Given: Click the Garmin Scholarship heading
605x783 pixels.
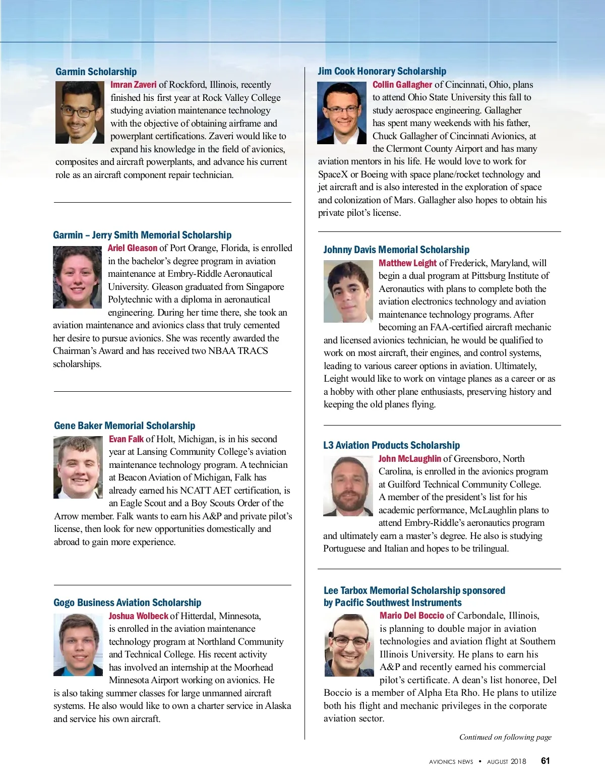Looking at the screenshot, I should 96,72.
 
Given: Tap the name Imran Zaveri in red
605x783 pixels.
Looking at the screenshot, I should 133,85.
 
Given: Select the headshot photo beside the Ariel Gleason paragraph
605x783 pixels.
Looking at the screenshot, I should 77,277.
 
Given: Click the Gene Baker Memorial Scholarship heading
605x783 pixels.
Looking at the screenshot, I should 125,426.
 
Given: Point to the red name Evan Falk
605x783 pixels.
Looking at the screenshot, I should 126,439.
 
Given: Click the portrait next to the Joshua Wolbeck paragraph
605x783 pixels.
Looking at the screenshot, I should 78,645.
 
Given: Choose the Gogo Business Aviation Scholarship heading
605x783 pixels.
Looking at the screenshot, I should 127,603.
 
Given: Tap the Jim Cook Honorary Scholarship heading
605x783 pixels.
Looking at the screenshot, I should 382,71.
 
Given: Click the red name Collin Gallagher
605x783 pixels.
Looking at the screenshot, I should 402,85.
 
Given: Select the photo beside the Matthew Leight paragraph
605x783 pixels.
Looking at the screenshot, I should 348,291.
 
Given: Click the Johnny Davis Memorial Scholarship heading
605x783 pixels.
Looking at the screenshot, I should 396,250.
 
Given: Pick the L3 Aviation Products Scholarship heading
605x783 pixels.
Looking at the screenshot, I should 391,445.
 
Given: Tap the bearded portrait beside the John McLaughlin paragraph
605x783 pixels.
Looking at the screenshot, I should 348,486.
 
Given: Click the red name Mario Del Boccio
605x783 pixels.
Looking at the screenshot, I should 411,616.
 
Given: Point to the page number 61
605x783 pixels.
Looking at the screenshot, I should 545,761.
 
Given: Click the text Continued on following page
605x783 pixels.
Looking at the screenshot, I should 505,737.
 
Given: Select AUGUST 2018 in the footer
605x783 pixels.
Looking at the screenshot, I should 506,761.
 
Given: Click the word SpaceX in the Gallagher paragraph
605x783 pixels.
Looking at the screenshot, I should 333,174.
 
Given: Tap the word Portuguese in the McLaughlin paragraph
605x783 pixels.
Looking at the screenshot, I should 344,549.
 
